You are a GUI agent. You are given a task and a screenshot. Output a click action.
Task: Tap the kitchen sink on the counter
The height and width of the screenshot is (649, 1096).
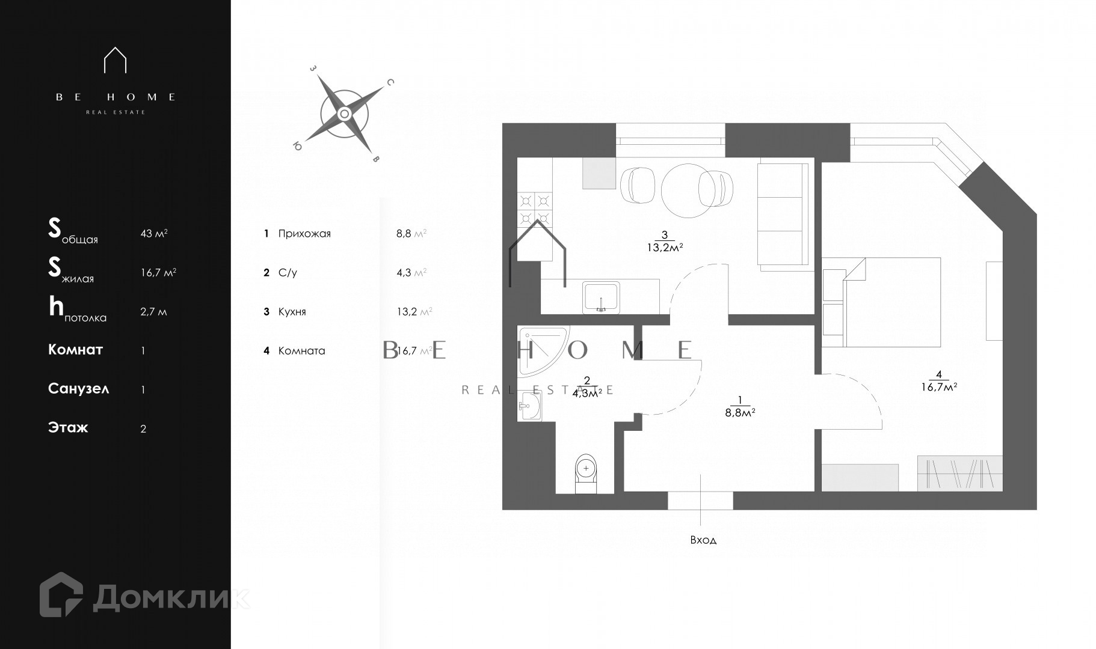tap(601, 297)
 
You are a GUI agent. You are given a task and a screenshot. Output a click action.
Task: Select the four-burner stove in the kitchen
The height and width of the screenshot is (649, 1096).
tap(535, 209)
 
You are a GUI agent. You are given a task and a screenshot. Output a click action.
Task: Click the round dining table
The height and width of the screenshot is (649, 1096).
tap(687, 191)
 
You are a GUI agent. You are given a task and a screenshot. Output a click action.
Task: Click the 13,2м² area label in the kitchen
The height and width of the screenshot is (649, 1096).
tap(664, 247)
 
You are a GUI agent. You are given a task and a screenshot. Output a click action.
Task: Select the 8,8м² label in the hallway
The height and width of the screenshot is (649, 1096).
tap(740, 412)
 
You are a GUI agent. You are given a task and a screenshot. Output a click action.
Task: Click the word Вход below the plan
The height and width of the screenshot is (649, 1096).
tap(703, 540)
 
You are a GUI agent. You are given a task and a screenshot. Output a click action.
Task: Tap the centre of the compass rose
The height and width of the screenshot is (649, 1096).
tap(344, 114)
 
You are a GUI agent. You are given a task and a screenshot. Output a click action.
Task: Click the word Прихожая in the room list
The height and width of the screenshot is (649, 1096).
tap(304, 234)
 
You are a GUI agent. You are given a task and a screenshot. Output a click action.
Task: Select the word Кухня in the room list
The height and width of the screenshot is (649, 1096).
tap(292, 312)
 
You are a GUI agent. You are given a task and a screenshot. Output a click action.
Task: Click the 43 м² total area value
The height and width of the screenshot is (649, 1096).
tap(154, 233)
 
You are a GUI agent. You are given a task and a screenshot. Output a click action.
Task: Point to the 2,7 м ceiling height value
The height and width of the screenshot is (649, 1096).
tap(153, 312)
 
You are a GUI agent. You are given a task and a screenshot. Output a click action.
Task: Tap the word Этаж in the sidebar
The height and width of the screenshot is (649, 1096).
tap(68, 428)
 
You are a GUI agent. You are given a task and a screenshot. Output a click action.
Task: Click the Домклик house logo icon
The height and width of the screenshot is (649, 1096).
tap(61, 594)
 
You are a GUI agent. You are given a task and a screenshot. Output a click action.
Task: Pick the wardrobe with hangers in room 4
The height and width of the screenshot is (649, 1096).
tap(959, 474)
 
